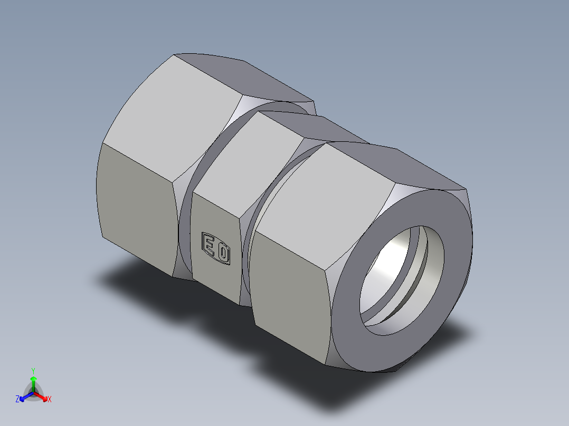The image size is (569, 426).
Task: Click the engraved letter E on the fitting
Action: tap(209, 245)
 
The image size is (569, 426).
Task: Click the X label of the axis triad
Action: tap(49, 400)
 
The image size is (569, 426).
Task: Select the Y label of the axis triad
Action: tap(33, 370)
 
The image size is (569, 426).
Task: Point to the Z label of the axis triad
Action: tap(17, 399)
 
